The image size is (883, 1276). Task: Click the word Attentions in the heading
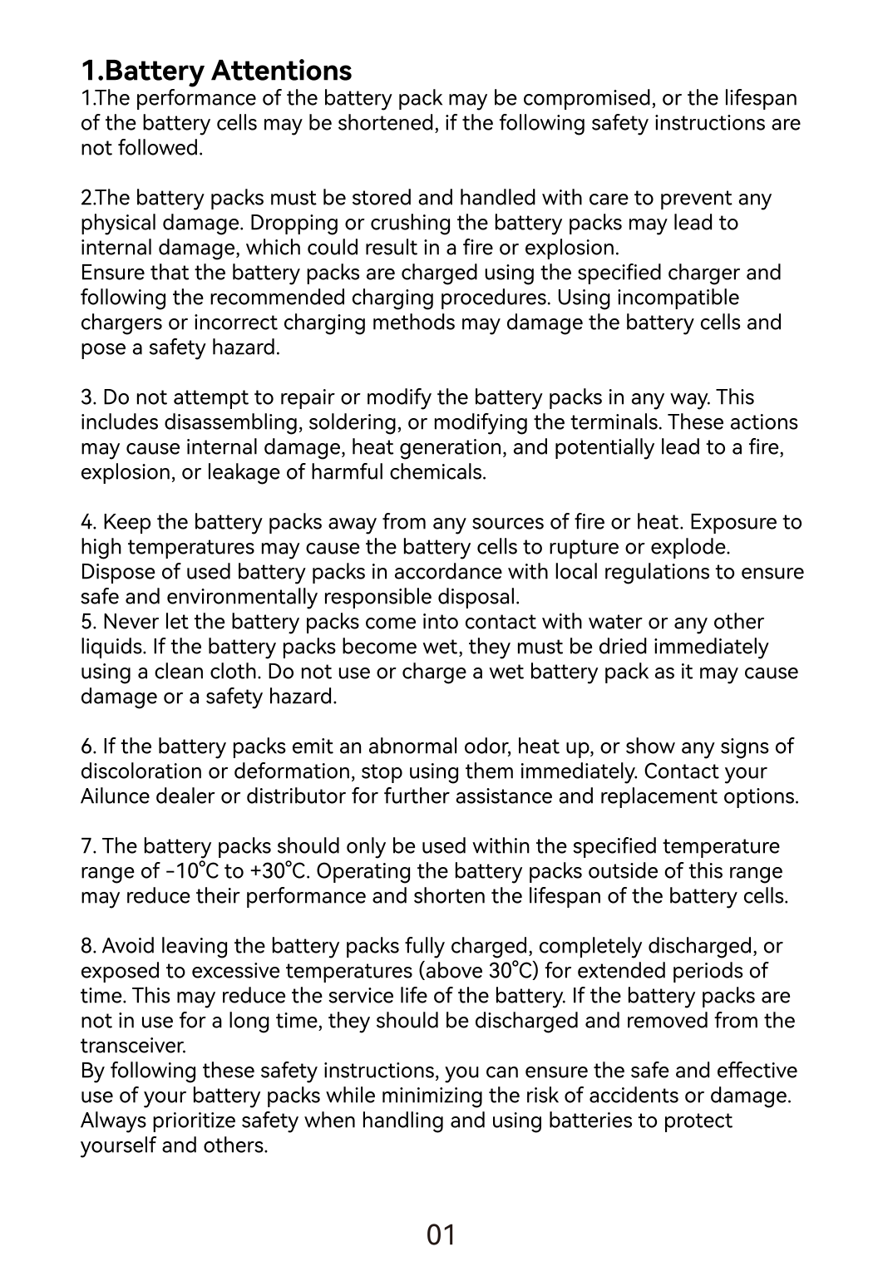pos(282,70)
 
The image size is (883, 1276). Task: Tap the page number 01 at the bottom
pos(441,1235)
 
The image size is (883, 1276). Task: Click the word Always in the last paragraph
pos(111,1121)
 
